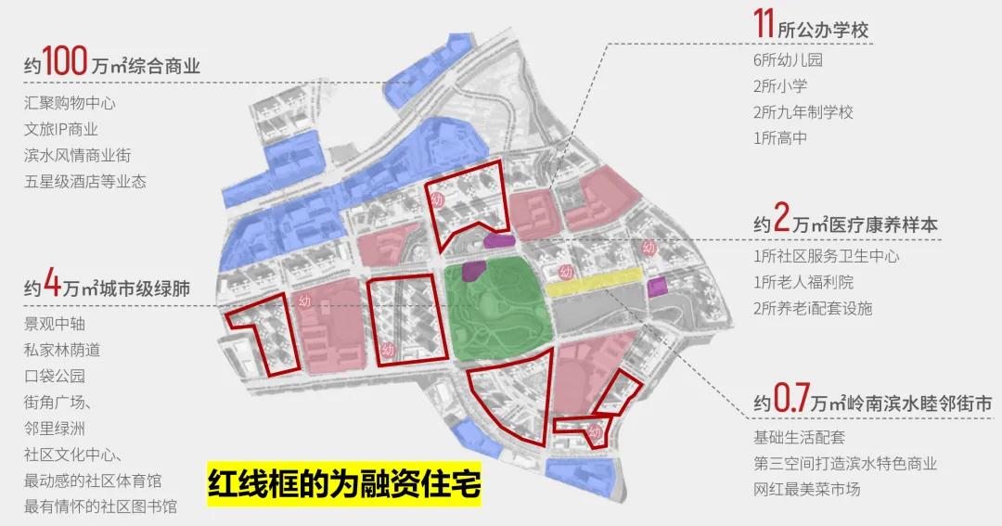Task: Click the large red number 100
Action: (x=65, y=65)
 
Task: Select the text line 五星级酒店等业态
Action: (x=85, y=181)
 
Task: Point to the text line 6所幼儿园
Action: (x=788, y=60)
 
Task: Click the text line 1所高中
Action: (x=780, y=138)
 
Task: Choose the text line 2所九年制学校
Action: (x=803, y=112)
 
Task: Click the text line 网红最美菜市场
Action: (x=806, y=488)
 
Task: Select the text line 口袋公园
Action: (x=55, y=377)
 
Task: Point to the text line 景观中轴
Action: (x=55, y=325)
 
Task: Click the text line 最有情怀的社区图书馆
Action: (x=101, y=507)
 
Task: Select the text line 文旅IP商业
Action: (x=61, y=129)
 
